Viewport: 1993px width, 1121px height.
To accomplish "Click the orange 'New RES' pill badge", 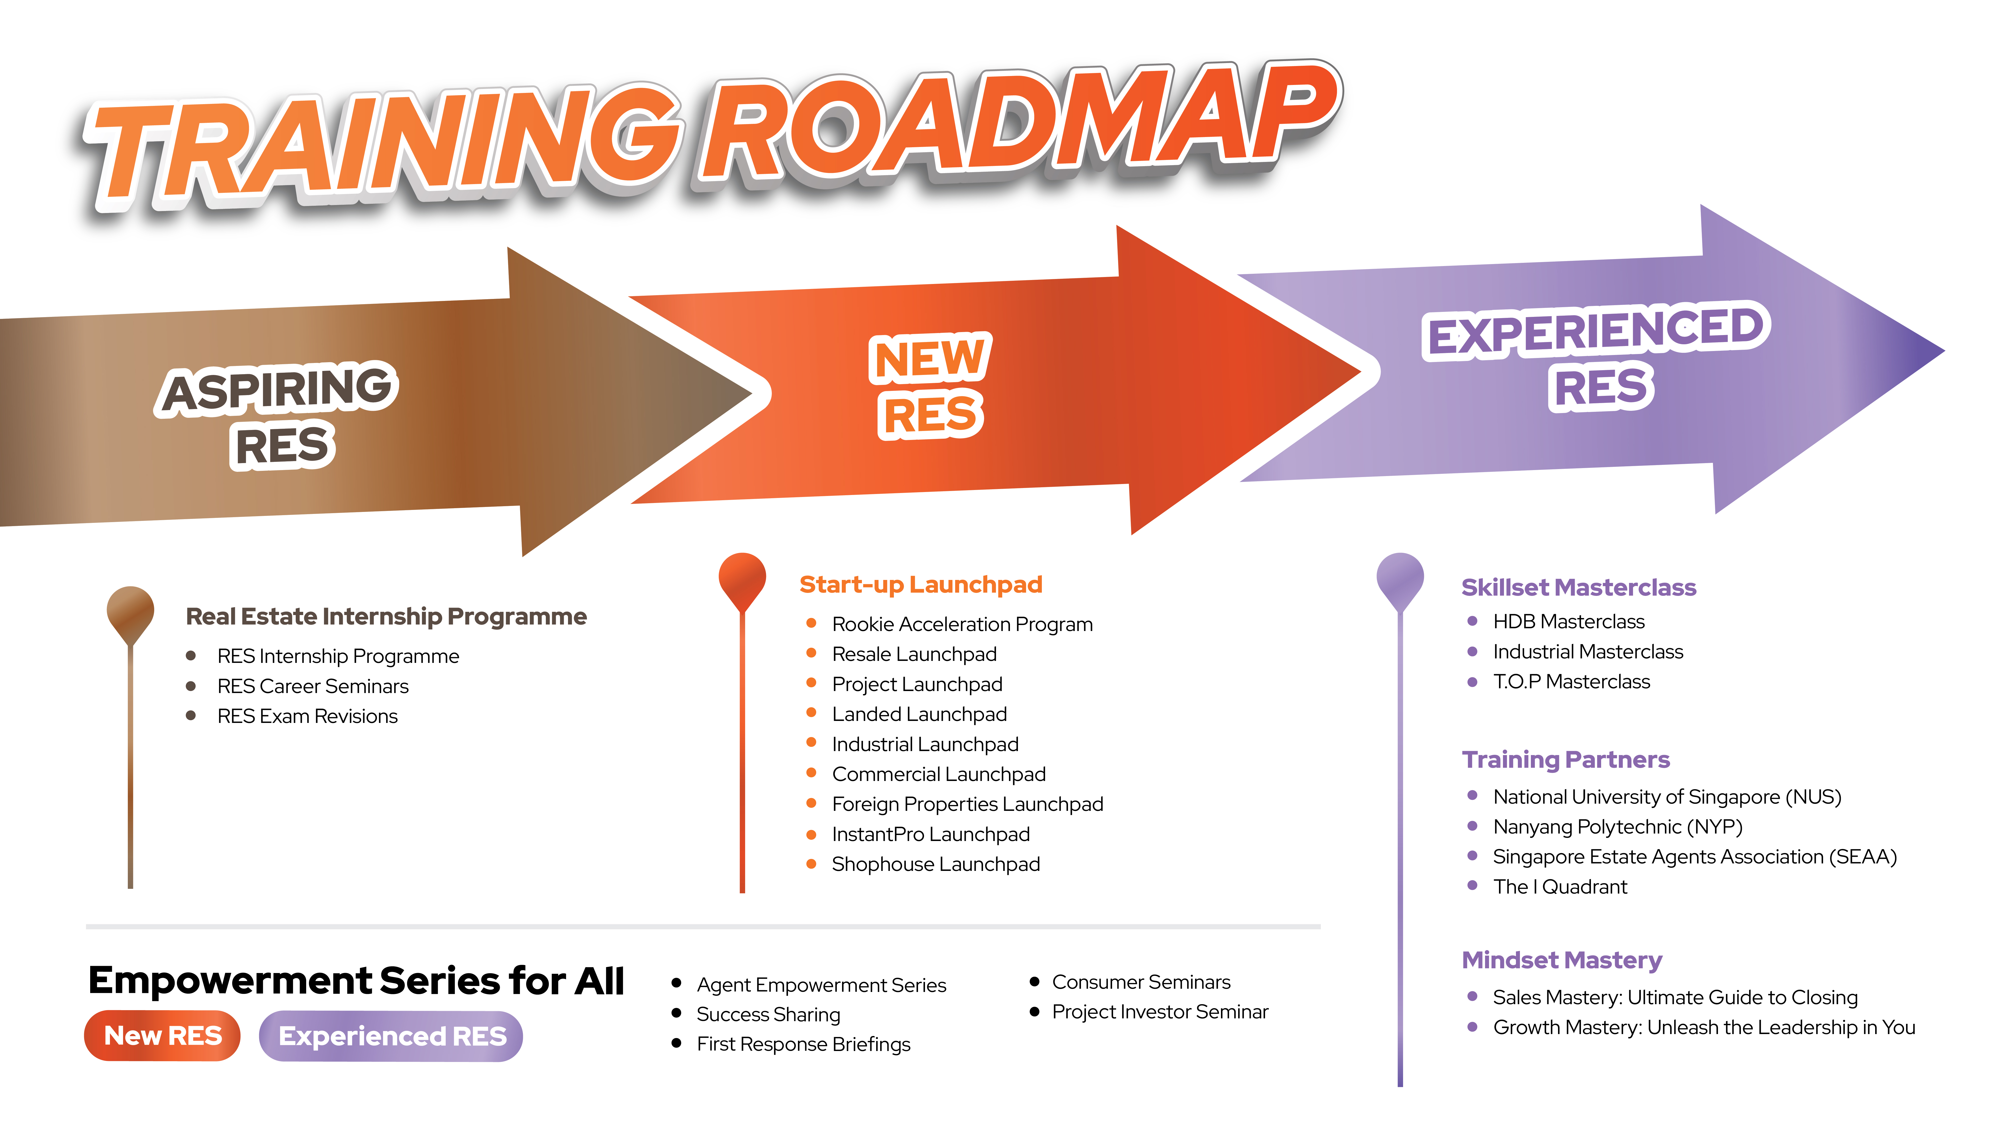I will [162, 1035].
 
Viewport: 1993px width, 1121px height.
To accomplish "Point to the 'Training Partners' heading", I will [1566, 760].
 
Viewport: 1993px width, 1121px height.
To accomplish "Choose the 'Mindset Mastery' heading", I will [1561, 960].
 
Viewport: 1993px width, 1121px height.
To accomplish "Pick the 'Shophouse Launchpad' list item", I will [935, 864].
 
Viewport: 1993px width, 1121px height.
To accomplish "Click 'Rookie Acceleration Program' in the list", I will [962, 624].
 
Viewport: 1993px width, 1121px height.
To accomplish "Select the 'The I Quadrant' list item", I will [1560, 887].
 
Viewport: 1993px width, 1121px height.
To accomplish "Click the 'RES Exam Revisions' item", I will [307, 716].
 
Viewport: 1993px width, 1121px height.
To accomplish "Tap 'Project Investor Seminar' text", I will [1160, 1012].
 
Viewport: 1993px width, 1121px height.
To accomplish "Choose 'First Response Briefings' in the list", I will [803, 1045].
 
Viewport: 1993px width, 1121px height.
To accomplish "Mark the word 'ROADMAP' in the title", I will [1021, 124].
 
